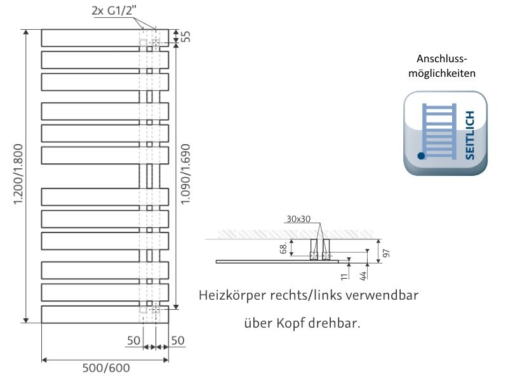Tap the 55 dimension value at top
[x=185, y=36]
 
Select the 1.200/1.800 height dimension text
[x=18, y=176]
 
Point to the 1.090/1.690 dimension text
[x=185, y=176]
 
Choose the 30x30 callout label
[x=298, y=219]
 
